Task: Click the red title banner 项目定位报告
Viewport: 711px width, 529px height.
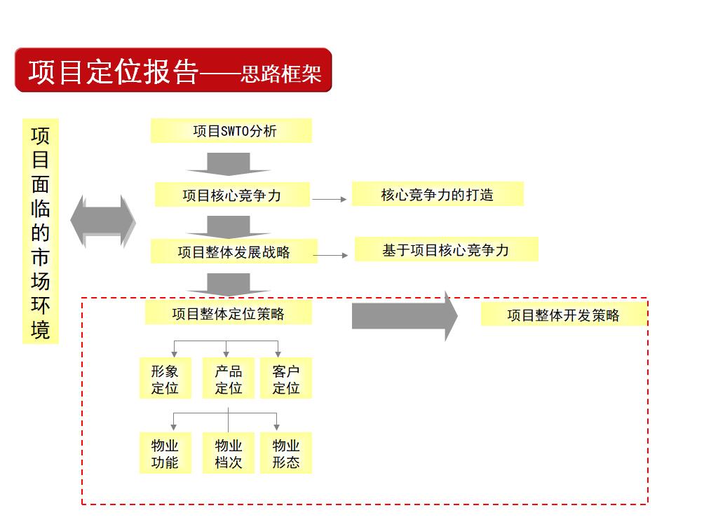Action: coord(173,70)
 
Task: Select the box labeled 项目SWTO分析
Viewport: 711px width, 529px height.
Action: coord(231,131)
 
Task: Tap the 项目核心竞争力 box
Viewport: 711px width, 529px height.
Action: coord(232,195)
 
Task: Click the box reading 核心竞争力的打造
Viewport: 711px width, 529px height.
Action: coord(438,194)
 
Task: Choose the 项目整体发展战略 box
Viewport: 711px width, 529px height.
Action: coord(234,252)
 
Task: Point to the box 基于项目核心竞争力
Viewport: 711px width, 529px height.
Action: coord(446,249)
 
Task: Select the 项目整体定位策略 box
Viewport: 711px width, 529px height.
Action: coord(229,312)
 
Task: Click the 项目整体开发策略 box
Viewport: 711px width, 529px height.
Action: coord(564,315)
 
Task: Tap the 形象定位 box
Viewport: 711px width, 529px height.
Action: coord(165,378)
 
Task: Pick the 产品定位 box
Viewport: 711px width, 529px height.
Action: coord(228,378)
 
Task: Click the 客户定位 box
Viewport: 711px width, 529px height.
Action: coord(285,378)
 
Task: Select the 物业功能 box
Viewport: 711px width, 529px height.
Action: coord(165,453)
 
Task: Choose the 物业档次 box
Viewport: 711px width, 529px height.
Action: coord(228,453)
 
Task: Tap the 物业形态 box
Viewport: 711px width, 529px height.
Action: coord(285,453)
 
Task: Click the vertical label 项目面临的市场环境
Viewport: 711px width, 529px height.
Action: coord(41,231)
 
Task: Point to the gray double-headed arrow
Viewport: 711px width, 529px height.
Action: coord(103,221)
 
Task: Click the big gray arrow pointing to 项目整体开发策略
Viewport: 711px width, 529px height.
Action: coord(405,316)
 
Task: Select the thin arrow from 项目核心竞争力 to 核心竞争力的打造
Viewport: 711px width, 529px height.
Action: coord(330,199)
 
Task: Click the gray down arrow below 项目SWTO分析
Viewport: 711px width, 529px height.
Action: coord(229,164)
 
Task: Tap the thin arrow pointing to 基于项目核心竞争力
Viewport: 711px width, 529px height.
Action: coord(330,255)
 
